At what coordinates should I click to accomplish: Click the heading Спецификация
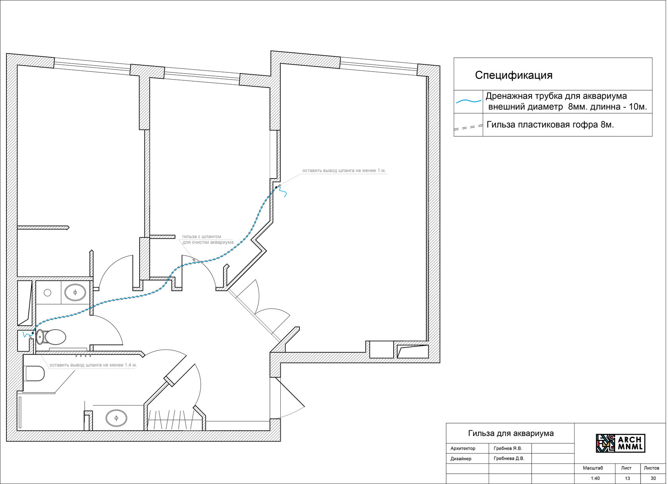[x=514, y=75]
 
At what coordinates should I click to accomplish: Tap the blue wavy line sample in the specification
[x=469, y=101]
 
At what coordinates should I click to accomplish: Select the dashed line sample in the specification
[x=469, y=128]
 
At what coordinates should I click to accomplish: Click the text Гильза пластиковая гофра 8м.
[x=550, y=124]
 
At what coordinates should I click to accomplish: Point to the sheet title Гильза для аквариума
[x=511, y=433]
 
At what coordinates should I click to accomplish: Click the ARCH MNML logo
[x=620, y=443]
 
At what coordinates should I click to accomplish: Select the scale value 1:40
[x=595, y=478]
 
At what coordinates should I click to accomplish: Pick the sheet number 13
[x=627, y=478]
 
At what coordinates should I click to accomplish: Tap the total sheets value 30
[x=653, y=478]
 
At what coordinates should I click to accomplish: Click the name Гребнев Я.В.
[x=508, y=448]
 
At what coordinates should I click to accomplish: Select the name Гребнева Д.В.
[x=509, y=459]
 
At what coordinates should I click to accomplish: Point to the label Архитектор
[x=463, y=448]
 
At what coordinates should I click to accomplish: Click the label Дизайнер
[x=461, y=459]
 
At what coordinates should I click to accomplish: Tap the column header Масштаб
[x=593, y=468]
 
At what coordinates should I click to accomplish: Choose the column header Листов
[x=652, y=468]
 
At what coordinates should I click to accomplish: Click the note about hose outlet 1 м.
[x=344, y=171]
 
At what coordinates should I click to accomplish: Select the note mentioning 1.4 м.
[x=93, y=365]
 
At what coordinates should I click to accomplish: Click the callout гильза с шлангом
[x=202, y=237]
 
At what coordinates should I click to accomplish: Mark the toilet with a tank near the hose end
[x=52, y=337]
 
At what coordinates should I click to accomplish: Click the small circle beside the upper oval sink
[x=48, y=293]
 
